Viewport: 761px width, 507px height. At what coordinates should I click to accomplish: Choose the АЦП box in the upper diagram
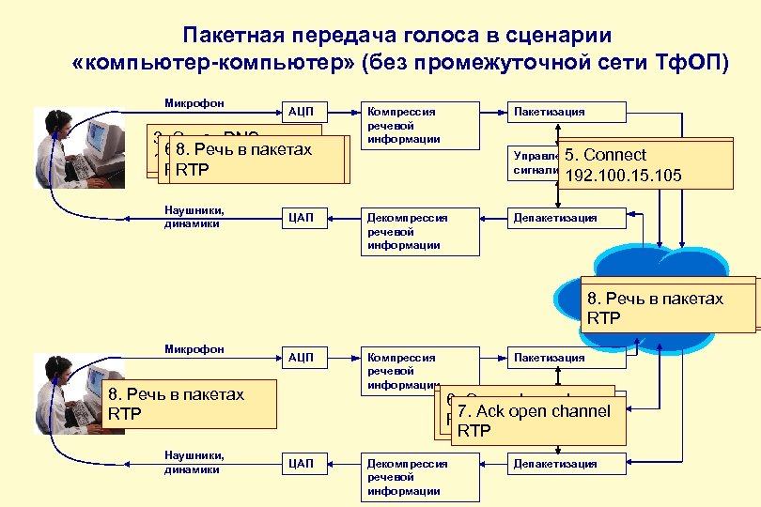point(301,112)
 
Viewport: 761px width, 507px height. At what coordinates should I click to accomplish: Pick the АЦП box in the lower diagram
point(301,358)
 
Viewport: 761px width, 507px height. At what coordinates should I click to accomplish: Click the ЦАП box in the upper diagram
point(301,219)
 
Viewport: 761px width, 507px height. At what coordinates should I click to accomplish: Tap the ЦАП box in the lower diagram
point(301,464)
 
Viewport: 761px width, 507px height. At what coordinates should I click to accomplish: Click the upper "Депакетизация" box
point(554,219)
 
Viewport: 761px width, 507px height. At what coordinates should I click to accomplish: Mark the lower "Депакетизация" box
point(554,464)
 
